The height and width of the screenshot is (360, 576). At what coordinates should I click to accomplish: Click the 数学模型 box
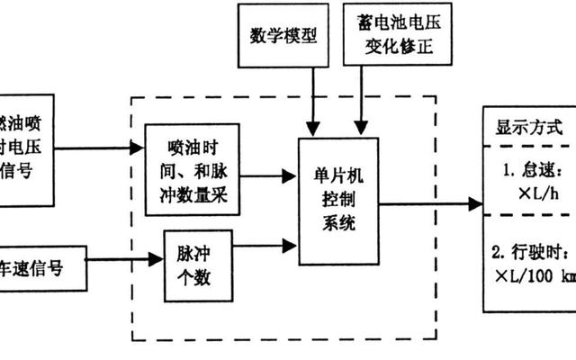(283, 36)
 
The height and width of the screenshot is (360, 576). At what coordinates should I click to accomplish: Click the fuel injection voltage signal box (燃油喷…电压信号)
(27, 147)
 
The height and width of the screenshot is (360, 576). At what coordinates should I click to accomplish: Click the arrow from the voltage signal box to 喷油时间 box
(99, 146)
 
